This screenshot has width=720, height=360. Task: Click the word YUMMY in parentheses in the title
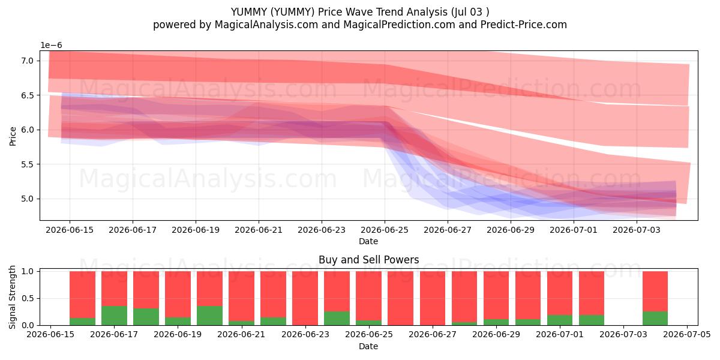(x=292, y=12)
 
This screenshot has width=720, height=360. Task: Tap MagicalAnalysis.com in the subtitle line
(x=266, y=25)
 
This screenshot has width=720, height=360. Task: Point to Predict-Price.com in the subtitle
(x=524, y=25)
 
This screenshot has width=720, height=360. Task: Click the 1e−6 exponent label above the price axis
(x=51, y=46)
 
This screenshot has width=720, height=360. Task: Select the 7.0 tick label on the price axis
(x=28, y=61)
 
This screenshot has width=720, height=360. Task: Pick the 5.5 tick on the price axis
(x=28, y=164)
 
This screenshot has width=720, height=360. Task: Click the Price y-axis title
(x=13, y=136)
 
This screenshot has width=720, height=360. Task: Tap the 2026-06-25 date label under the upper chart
(x=385, y=230)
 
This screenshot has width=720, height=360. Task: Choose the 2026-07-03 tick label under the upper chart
(x=637, y=230)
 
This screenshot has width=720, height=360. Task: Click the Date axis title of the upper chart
(x=368, y=241)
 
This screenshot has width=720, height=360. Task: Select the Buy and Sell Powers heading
(x=368, y=260)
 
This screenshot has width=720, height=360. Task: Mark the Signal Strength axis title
(x=13, y=298)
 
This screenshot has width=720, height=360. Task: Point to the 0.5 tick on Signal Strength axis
(x=28, y=299)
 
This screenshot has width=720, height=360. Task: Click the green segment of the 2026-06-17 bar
(x=114, y=316)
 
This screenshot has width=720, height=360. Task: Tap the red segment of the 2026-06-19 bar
(x=178, y=295)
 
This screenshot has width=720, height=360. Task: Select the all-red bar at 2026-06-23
(x=305, y=298)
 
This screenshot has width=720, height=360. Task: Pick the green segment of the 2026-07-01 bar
(x=560, y=320)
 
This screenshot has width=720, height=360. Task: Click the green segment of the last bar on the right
(x=655, y=318)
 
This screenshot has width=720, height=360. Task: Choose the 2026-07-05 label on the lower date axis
(x=687, y=335)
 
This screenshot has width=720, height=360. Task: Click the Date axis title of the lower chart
(x=368, y=346)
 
